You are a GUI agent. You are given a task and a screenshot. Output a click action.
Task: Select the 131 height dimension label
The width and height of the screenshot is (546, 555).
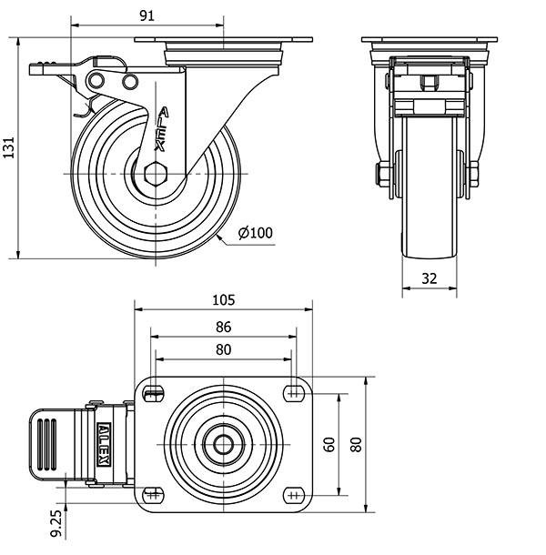[10, 146]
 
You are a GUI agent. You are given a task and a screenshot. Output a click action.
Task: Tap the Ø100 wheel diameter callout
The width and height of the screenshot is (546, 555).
[256, 233]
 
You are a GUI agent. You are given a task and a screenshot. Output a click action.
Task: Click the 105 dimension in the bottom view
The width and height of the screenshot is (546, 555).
[223, 299]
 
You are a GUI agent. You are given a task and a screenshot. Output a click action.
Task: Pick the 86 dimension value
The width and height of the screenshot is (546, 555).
[223, 327]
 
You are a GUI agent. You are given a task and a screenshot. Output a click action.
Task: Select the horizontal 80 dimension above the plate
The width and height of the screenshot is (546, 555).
[223, 349]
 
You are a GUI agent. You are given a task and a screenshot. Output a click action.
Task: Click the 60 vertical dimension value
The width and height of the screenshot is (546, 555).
[330, 444]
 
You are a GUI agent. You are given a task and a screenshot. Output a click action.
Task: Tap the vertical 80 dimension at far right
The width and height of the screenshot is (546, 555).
[356, 444]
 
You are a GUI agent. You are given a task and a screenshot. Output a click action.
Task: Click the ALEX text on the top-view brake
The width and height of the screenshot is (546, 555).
[106, 444]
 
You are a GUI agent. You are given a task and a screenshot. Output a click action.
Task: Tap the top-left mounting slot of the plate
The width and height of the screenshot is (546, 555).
[154, 393]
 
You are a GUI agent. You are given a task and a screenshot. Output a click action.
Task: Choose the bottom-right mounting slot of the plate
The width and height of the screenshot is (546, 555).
[293, 494]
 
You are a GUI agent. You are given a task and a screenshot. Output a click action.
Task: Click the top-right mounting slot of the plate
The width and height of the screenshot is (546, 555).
[293, 393]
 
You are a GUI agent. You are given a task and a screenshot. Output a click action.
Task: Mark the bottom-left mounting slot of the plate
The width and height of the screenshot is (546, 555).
[154, 494]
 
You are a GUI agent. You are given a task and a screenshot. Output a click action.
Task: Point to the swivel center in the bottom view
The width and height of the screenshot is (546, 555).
[223, 444]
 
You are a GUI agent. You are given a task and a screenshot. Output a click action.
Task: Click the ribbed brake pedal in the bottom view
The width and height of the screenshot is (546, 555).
[51, 444]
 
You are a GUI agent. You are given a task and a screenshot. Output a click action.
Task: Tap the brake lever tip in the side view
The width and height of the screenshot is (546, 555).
[40, 67]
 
